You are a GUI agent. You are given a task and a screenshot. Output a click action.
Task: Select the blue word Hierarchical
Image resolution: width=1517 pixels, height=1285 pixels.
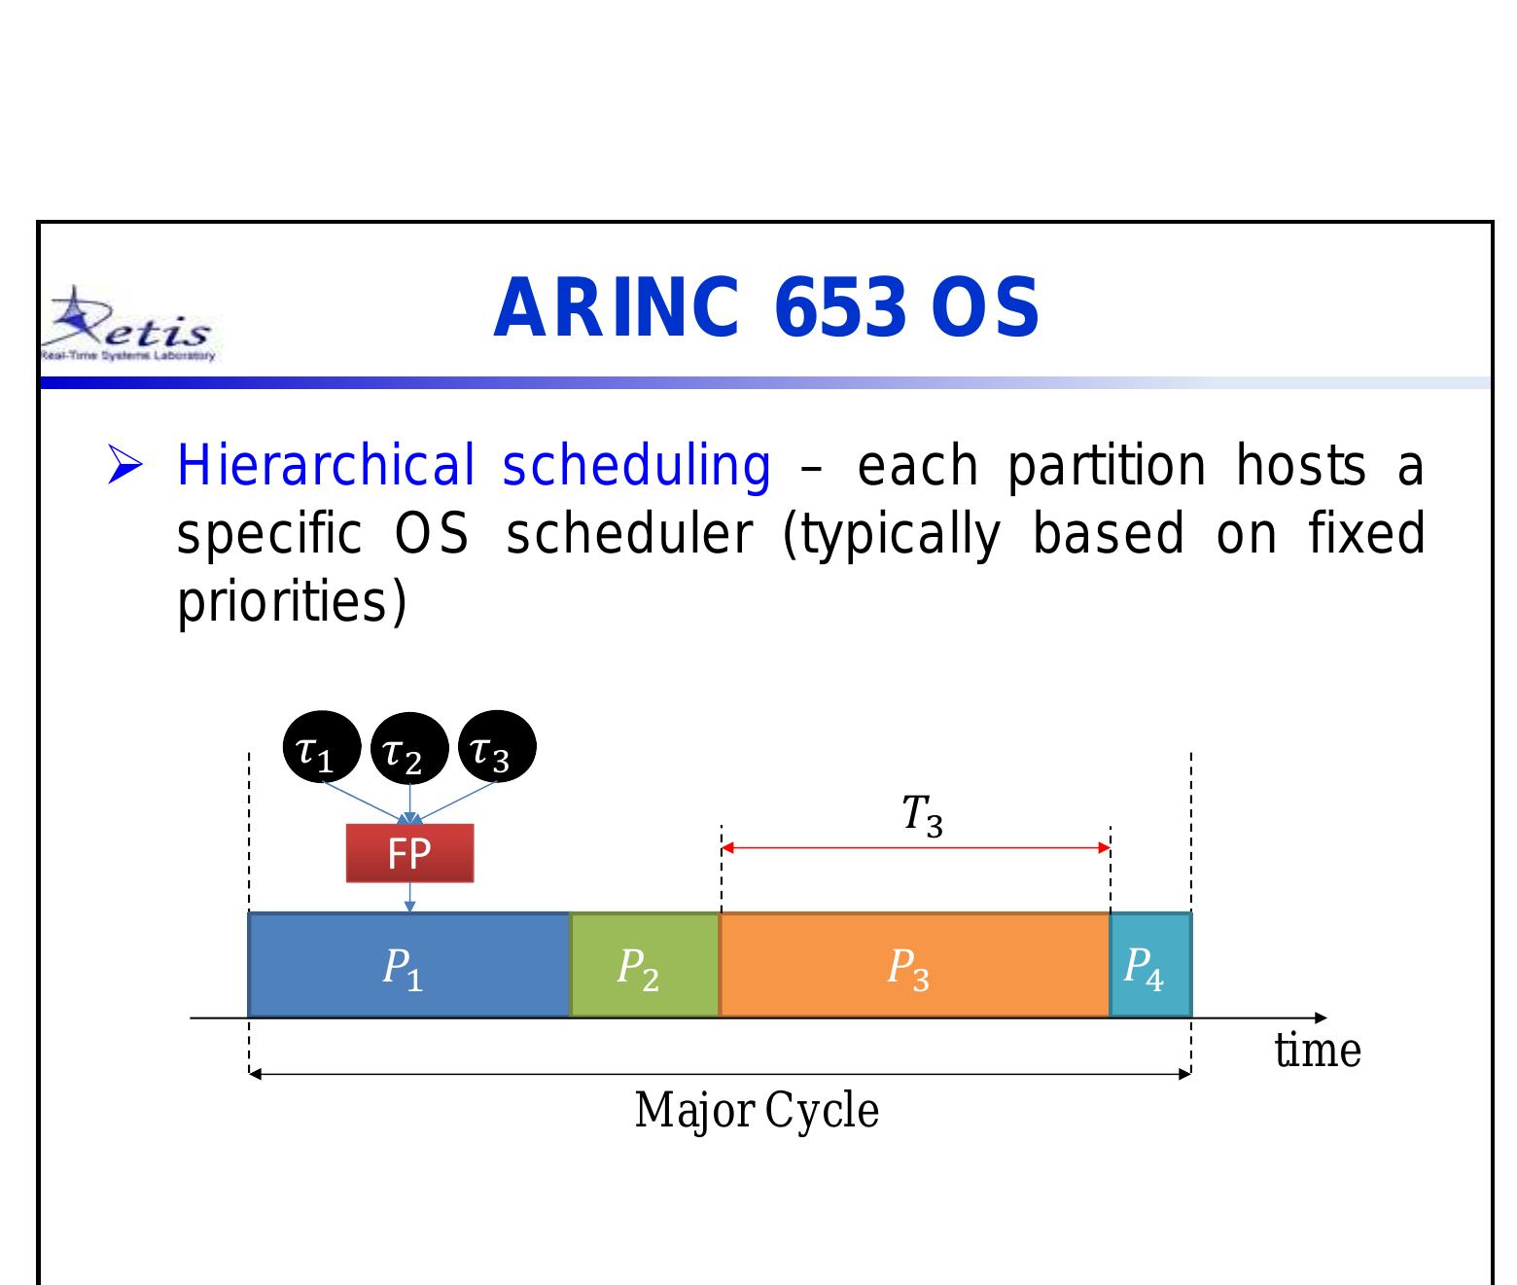tap(325, 465)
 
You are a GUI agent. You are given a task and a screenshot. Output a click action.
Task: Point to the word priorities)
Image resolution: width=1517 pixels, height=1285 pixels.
tap(291, 602)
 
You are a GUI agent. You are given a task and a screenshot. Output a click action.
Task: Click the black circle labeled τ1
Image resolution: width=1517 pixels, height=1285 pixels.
tap(321, 747)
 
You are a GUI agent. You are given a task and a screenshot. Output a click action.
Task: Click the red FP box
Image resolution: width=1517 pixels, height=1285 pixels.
tap(409, 853)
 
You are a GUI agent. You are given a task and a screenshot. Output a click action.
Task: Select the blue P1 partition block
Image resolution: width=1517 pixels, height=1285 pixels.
tap(407, 966)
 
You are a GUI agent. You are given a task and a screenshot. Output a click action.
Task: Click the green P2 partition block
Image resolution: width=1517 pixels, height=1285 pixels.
tap(644, 966)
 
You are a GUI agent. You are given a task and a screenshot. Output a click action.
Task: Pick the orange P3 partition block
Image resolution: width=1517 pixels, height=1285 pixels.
tap(913, 966)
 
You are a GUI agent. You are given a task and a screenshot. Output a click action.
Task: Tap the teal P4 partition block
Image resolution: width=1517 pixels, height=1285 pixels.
tap(1150, 966)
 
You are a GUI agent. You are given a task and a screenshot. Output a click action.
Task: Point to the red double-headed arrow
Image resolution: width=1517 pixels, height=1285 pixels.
tap(915, 848)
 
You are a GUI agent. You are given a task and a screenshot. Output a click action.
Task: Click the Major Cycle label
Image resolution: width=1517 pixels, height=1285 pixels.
tap(757, 1110)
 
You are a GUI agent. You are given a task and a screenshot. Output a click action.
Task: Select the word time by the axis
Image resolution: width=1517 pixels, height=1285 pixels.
tap(1317, 1051)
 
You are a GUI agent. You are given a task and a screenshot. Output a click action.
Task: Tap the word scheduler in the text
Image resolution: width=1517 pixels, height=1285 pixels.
tap(629, 534)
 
